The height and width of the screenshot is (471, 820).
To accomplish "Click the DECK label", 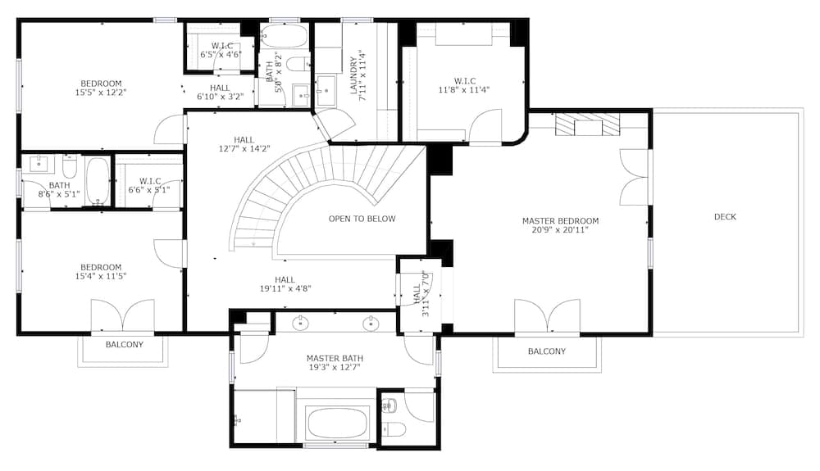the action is tap(725, 217).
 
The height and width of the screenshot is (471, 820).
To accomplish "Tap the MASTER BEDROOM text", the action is tap(560, 221).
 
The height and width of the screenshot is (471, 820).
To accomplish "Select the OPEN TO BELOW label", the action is tap(362, 219).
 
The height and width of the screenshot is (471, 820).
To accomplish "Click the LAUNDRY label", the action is tap(353, 75).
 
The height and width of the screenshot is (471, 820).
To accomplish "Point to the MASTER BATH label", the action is tap(335, 359).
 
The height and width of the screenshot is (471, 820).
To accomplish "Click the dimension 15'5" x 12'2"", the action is tap(101, 93).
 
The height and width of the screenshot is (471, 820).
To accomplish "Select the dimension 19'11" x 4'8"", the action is tap(285, 288).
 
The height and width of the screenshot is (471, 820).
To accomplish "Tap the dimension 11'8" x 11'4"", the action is tap(464, 90).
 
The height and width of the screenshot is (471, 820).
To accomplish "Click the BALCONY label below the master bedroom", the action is tap(546, 351).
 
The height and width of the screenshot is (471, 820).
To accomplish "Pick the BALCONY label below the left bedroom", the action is tap(125, 345).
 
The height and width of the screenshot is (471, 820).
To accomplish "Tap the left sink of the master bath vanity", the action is tap(300, 324).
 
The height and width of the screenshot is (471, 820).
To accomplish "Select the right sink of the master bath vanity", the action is tap(371, 324).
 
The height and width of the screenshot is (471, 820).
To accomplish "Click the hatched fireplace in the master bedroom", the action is tap(587, 125).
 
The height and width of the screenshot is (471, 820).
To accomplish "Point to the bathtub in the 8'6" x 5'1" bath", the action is tap(98, 181).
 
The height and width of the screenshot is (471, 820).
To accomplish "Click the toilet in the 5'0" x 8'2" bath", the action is tap(298, 64).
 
